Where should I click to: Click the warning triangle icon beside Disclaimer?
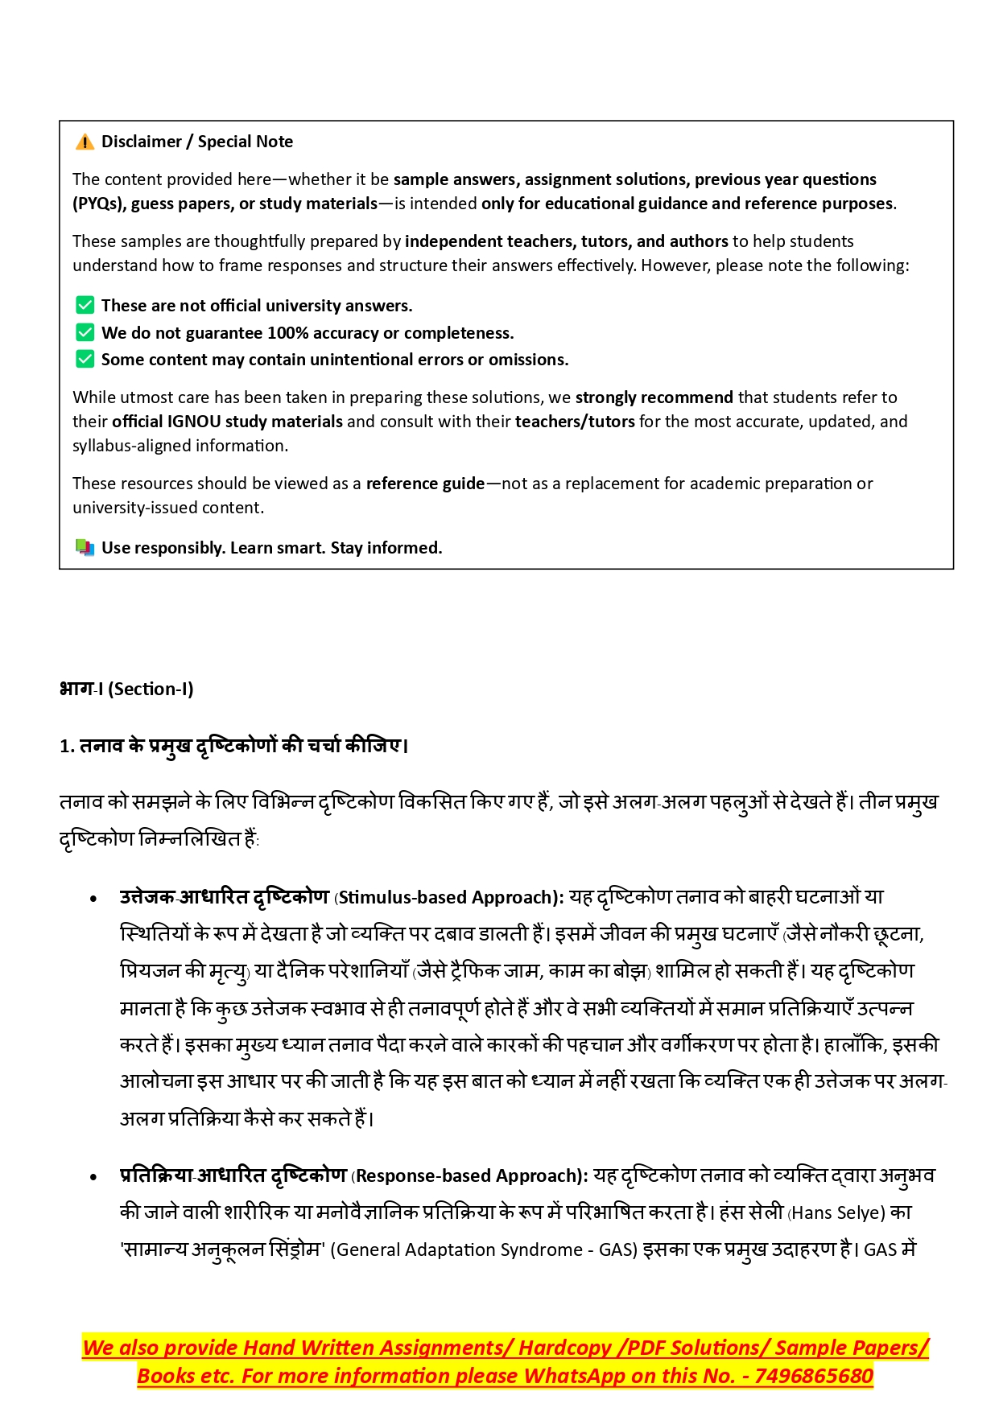[85, 142]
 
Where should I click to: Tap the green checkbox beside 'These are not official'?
[85, 305]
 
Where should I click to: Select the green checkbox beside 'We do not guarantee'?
[85, 332]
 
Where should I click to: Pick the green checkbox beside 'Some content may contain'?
[85, 359]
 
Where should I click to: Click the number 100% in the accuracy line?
[287, 333]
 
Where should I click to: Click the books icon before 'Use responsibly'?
[85, 547]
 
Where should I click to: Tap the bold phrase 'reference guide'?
[425, 484]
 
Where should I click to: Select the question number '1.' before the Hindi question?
[67, 747]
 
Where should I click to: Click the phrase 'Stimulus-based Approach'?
[447, 898]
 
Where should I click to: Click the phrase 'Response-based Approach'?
[467, 1176]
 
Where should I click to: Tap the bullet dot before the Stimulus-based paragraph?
[94, 899]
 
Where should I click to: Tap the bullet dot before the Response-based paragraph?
[94, 1177]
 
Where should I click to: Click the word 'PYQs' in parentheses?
[99, 204]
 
